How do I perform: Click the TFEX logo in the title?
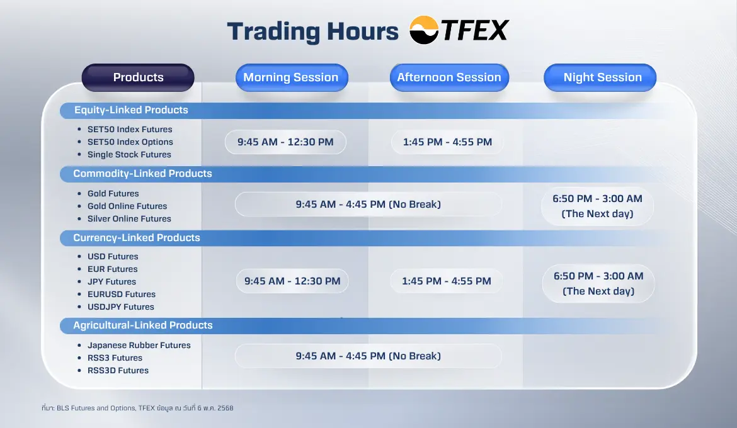(459, 31)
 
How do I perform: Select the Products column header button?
(138, 77)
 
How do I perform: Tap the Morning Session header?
(291, 77)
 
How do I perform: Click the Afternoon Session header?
(448, 77)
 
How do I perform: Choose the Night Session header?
(602, 77)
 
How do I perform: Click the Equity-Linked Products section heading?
(131, 110)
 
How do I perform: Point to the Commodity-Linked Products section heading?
(142, 174)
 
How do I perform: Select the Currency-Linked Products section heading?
(137, 238)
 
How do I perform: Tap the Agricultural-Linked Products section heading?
(143, 325)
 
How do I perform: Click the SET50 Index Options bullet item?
(130, 142)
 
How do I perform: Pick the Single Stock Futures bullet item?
(129, 154)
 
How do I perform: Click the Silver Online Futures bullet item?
(129, 218)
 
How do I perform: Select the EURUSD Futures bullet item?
(122, 294)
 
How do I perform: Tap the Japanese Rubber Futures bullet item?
(139, 345)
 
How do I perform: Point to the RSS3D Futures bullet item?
(118, 370)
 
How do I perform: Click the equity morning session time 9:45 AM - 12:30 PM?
(285, 142)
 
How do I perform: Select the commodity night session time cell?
(597, 206)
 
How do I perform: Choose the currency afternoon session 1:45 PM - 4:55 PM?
(447, 281)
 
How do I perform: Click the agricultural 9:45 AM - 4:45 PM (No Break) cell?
(368, 356)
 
